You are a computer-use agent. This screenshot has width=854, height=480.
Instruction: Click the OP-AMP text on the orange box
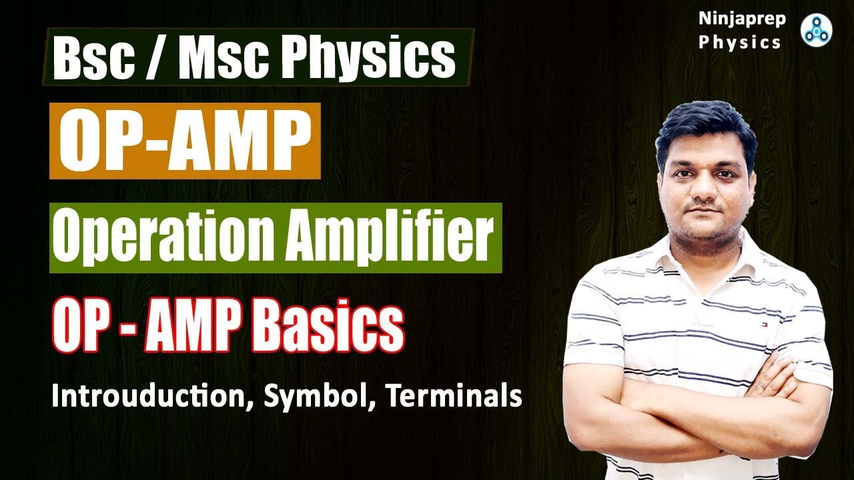(185, 141)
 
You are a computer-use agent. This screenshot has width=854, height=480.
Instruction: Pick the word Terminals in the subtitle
(454, 397)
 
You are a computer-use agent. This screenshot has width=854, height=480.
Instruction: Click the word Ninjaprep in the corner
(741, 19)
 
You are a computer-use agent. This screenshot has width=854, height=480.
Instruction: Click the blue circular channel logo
(816, 29)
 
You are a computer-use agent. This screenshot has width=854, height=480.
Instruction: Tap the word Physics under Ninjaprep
(741, 43)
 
